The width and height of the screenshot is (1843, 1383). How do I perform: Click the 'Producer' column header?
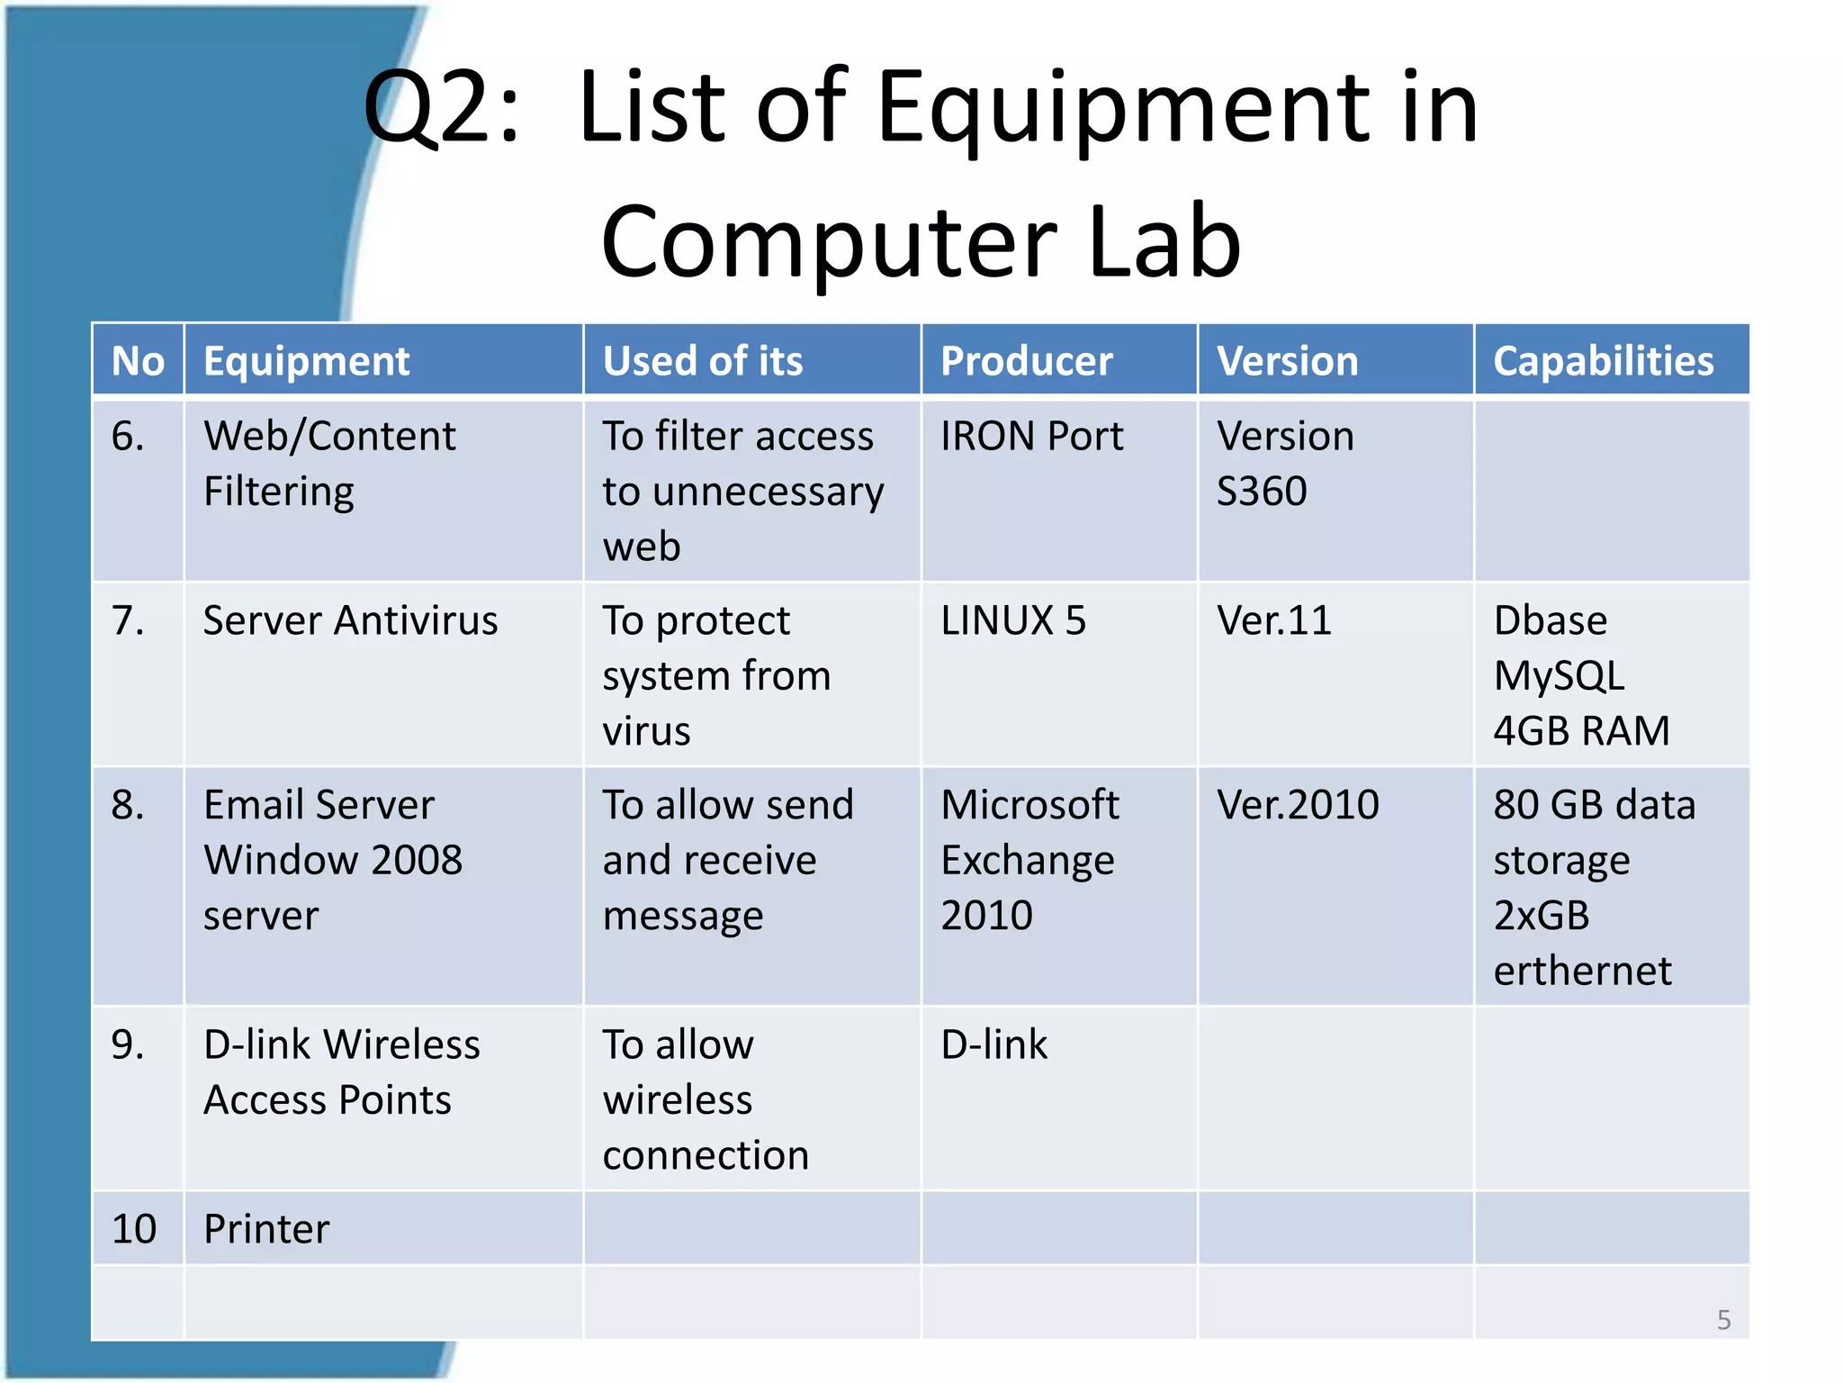tap(1027, 361)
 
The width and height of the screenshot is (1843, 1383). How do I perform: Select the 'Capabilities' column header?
tap(1603, 361)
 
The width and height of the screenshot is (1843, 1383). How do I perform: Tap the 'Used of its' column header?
tap(703, 361)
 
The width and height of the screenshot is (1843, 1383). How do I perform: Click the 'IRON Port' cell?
tap(1032, 437)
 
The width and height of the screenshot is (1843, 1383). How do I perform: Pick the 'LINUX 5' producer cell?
tap(1013, 621)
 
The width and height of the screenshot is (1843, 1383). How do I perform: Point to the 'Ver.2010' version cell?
tap(1298, 805)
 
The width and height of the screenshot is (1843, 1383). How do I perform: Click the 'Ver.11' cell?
tap(1273, 621)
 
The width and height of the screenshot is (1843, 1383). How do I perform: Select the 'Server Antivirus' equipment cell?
tap(350, 621)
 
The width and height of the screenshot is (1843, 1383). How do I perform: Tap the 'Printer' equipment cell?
tap(266, 1229)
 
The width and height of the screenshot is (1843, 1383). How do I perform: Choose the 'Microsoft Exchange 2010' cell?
tap(1029, 860)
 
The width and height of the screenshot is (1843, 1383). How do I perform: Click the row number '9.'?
tap(128, 1045)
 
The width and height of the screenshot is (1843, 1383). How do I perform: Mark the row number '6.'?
tap(128, 437)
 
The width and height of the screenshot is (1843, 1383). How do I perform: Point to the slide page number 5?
tap(1723, 1320)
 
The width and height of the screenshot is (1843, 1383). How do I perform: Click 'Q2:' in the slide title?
tap(441, 108)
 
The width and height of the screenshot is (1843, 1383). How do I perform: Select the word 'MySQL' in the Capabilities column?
tap(1559, 676)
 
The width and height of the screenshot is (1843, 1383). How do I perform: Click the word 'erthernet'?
tap(1582, 972)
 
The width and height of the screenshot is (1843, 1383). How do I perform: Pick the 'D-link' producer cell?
tap(994, 1045)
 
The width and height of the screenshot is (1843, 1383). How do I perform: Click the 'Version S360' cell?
tap(1285, 464)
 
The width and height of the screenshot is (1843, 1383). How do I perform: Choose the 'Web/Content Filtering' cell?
tap(329, 464)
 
